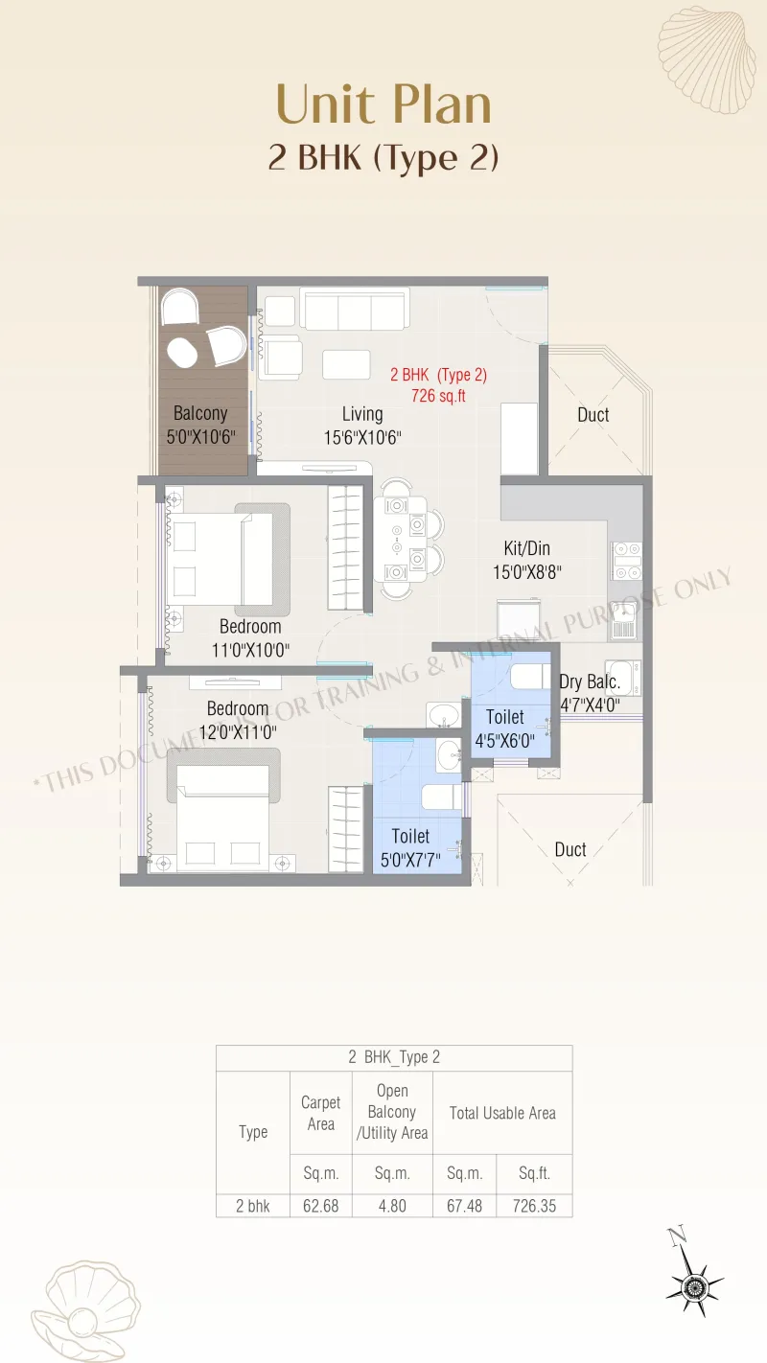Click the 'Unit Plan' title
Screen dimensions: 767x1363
[383, 104]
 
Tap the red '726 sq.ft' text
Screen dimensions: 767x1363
[438, 396]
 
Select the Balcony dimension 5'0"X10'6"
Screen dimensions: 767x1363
[201, 437]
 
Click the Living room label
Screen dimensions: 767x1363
[362, 414]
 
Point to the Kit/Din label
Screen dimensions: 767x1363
[526, 548]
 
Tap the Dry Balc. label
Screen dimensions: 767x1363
[590, 682]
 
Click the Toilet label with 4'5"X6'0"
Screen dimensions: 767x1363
[504, 717]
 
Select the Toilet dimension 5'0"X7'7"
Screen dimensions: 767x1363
[410, 860]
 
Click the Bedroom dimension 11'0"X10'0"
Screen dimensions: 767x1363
[250, 650]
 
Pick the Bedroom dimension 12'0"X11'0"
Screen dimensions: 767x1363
[238, 732]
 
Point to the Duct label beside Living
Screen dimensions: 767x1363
[593, 415]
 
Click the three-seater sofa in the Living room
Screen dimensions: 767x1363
[355, 311]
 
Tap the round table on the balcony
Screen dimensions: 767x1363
[182, 353]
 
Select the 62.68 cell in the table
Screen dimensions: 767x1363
[321, 1206]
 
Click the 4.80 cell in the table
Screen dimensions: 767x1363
[392, 1206]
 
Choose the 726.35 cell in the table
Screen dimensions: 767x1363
[534, 1206]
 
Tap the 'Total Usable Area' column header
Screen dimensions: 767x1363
[502, 1113]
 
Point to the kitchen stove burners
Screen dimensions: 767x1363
[627, 561]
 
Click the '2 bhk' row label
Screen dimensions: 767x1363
[252, 1206]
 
